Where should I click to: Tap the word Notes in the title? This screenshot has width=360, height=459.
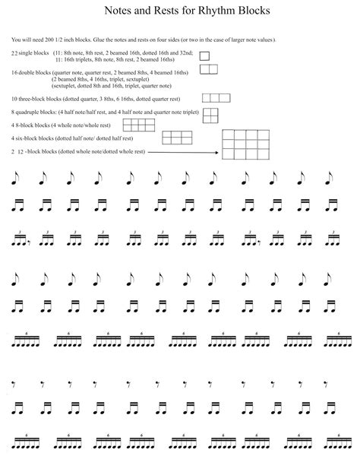(118, 11)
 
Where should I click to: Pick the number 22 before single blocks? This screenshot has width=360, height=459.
(14, 53)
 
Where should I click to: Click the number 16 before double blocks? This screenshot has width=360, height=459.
(14, 72)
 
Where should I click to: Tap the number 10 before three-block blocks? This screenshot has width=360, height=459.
(14, 100)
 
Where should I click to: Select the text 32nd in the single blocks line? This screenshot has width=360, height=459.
(187, 53)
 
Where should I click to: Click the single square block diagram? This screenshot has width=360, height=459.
(204, 55)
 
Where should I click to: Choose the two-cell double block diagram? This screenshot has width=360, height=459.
(208, 69)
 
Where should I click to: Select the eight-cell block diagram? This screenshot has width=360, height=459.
(139, 125)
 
